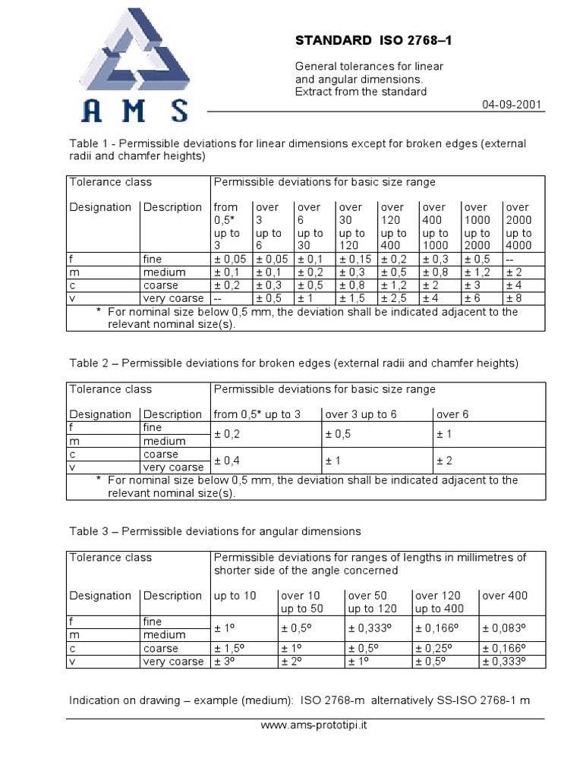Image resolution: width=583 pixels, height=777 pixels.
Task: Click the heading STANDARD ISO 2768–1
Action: point(373,40)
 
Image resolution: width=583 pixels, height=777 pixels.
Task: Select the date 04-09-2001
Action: point(512,105)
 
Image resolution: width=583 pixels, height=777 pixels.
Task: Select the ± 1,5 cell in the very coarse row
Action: point(351,298)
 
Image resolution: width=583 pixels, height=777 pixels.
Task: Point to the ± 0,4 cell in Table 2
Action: point(231,461)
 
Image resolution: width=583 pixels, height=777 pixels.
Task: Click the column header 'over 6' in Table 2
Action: point(454,414)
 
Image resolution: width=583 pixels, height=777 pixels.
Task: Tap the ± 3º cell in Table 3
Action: point(225,662)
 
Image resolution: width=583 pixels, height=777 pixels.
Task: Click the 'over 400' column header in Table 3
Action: point(505,596)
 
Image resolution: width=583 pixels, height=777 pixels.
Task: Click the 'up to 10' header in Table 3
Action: point(235,596)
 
